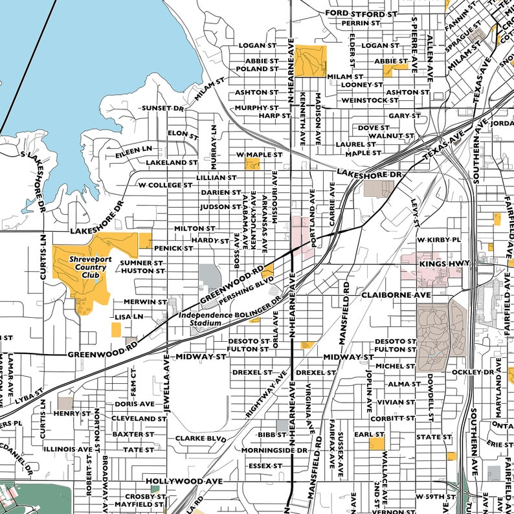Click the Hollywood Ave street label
point(184,482)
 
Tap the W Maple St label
point(260,155)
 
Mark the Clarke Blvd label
point(200,438)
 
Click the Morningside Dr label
point(274,450)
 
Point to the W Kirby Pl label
point(439,240)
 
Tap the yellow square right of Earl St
point(376,443)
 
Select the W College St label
point(166,184)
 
